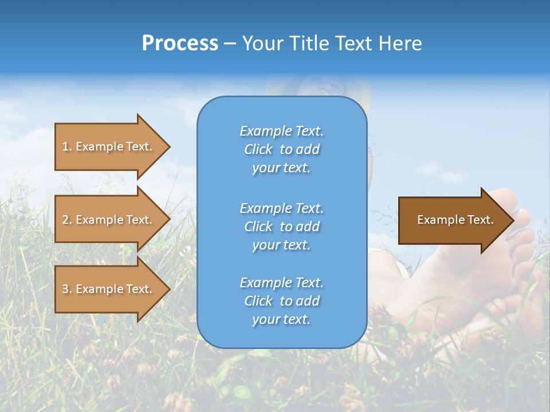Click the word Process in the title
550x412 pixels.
180,43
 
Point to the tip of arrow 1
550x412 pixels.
168,146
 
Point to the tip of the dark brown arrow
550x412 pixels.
513,220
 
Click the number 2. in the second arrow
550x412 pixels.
67,220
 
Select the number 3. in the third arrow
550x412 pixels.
67,289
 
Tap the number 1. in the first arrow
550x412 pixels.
67,146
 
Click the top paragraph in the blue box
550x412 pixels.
281,149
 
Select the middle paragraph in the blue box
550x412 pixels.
281,227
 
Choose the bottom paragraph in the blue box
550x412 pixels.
281,301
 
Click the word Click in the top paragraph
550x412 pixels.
258,149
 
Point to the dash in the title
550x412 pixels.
230,43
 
